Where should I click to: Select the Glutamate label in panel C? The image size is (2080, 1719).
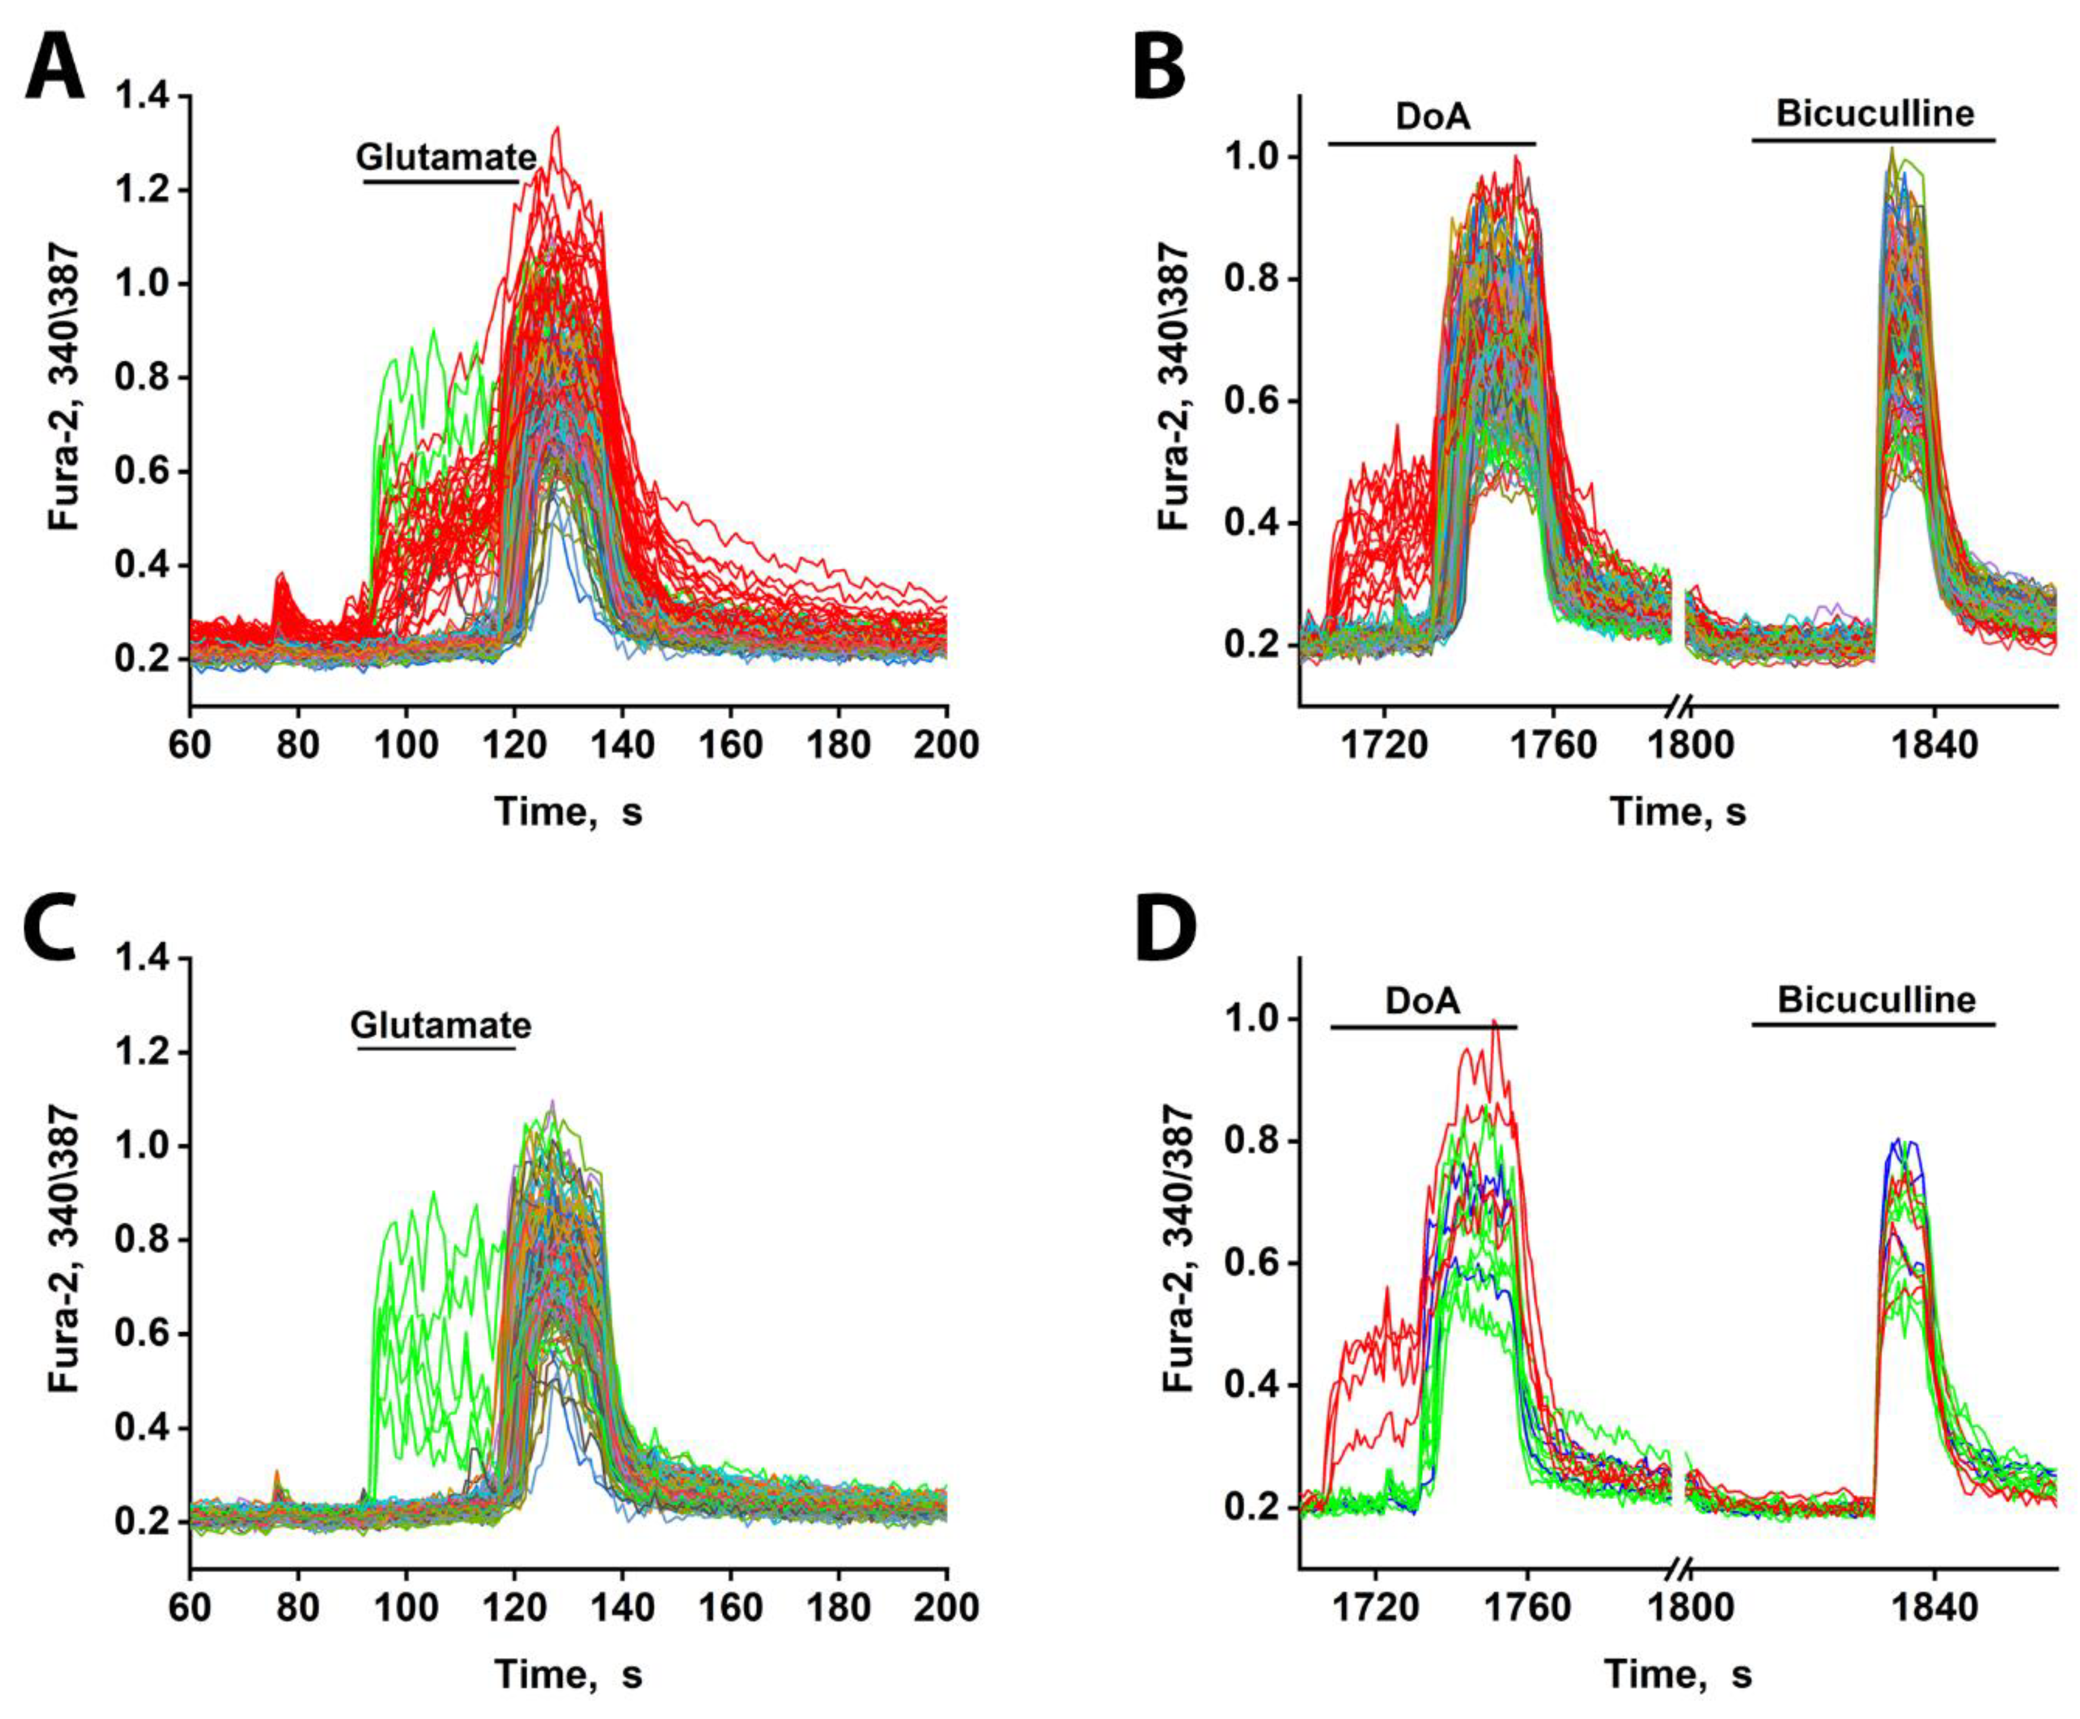(x=441, y=1024)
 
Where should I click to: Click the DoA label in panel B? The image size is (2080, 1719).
(x=1432, y=116)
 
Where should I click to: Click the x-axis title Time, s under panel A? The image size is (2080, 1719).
(x=568, y=812)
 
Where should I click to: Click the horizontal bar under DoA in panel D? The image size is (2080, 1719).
(x=1422, y=1027)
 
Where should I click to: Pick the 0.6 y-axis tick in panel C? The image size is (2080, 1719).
(x=141, y=1334)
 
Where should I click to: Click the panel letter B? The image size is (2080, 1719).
(x=1158, y=64)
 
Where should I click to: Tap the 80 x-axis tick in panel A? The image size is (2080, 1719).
(x=298, y=744)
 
